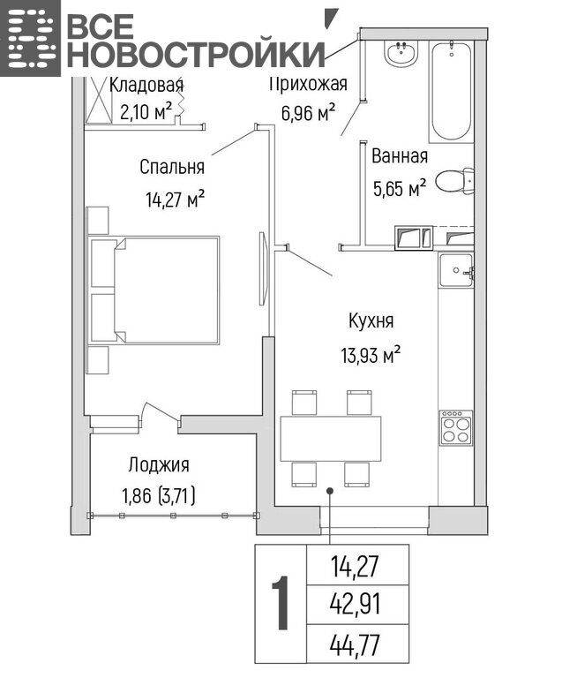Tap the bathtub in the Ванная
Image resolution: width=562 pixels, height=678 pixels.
pyautogui.click(x=451, y=91)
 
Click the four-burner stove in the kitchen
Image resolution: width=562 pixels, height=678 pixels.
pyautogui.click(x=456, y=427)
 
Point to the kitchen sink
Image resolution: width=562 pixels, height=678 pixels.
pyautogui.click(x=456, y=270)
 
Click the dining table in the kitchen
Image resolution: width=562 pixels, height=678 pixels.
pyautogui.click(x=331, y=439)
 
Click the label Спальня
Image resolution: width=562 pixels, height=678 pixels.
pyautogui.click(x=172, y=167)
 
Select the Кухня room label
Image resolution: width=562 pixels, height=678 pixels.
pyautogui.click(x=371, y=321)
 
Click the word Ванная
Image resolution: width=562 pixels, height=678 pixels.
pyautogui.click(x=400, y=156)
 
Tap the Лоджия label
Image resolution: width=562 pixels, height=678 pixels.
pyautogui.click(x=159, y=465)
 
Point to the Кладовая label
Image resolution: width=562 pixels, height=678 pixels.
pyautogui.click(x=146, y=85)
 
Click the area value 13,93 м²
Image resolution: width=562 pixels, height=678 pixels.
pyautogui.click(x=371, y=356)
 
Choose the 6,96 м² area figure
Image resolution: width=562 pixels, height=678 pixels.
pyautogui.click(x=308, y=113)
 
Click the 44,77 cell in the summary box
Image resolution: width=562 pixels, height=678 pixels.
pyautogui.click(x=355, y=645)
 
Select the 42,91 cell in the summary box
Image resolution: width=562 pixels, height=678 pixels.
pyautogui.click(x=355, y=605)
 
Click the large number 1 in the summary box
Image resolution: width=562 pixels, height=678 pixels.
pyautogui.click(x=281, y=603)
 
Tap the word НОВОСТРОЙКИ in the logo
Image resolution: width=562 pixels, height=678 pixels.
pyautogui.click(x=196, y=55)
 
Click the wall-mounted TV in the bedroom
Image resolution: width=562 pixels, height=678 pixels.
pyautogui.click(x=263, y=268)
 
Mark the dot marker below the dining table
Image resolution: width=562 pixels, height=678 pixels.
pyautogui.click(x=330, y=491)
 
